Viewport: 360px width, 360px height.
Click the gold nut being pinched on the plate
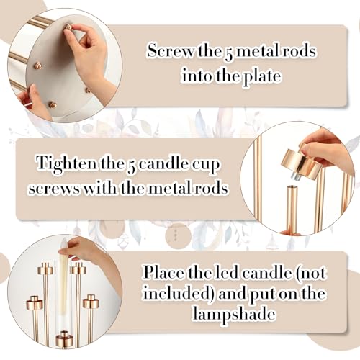click(68, 29)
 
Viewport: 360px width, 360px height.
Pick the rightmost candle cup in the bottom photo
click(91, 302)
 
